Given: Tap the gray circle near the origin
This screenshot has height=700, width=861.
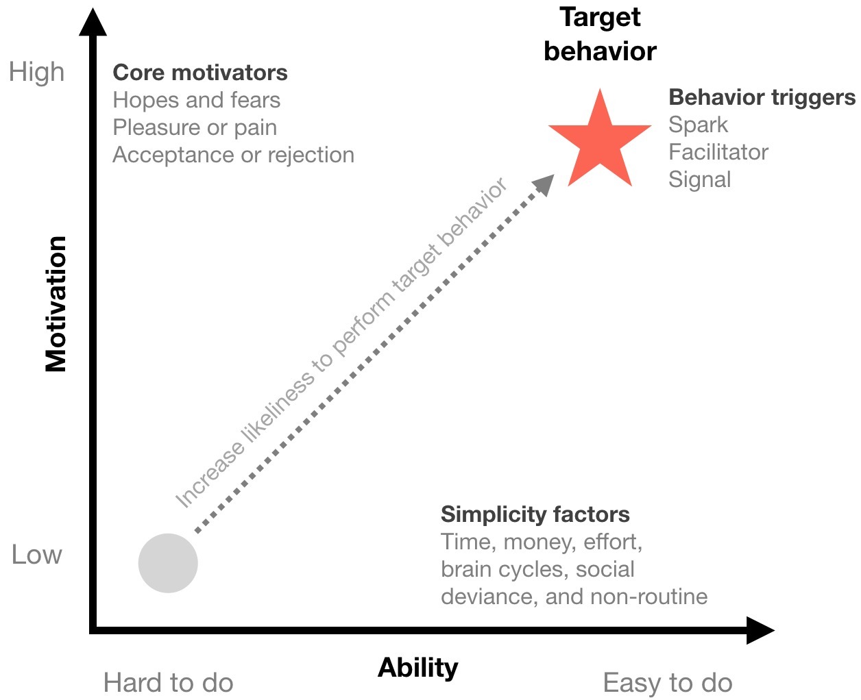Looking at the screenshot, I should [168, 563].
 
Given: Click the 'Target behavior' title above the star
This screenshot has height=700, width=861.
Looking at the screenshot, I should [600, 34].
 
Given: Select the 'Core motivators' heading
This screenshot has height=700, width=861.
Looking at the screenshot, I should [199, 73].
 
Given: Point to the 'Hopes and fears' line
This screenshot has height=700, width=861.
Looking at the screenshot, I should [196, 100].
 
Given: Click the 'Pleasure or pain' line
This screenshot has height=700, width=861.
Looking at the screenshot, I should [195, 127].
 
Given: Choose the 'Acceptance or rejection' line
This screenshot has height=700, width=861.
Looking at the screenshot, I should [233, 155].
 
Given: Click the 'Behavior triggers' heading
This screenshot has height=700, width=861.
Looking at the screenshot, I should [762, 97].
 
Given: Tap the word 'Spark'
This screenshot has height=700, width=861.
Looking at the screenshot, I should [698, 125].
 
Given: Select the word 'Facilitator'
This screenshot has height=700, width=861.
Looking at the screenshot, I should [718, 152].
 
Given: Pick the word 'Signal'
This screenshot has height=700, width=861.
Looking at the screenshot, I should [699, 179].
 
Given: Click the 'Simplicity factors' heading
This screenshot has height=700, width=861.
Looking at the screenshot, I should [535, 514].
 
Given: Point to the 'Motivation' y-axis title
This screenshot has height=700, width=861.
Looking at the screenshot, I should [56, 303].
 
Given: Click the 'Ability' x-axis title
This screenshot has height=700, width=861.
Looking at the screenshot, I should [418, 667].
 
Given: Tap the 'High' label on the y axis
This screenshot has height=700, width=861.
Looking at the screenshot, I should [37, 72].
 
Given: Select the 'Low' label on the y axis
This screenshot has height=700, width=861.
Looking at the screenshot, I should [37, 554].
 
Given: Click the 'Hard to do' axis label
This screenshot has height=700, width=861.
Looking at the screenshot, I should [168, 683].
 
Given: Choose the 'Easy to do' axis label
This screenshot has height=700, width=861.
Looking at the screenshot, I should [668, 683].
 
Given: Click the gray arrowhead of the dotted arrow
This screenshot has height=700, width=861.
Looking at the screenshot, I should [544, 184].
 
